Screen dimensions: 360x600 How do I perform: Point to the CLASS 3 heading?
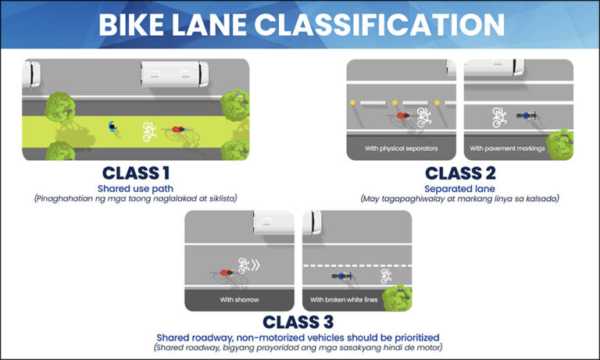(x=298, y=321)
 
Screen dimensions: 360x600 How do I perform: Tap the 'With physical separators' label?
(x=401, y=148)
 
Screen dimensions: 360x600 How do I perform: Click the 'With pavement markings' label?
(x=507, y=148)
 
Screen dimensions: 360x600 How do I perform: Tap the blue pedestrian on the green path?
(x=114, y=127)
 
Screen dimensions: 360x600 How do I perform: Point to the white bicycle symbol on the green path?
(x=148, y=129)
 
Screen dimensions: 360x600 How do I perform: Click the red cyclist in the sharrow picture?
(x=227, y=273)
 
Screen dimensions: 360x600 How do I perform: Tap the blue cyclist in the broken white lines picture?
(x=341, y=276)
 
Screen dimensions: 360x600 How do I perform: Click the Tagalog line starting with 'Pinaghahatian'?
(x=135, y=199)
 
